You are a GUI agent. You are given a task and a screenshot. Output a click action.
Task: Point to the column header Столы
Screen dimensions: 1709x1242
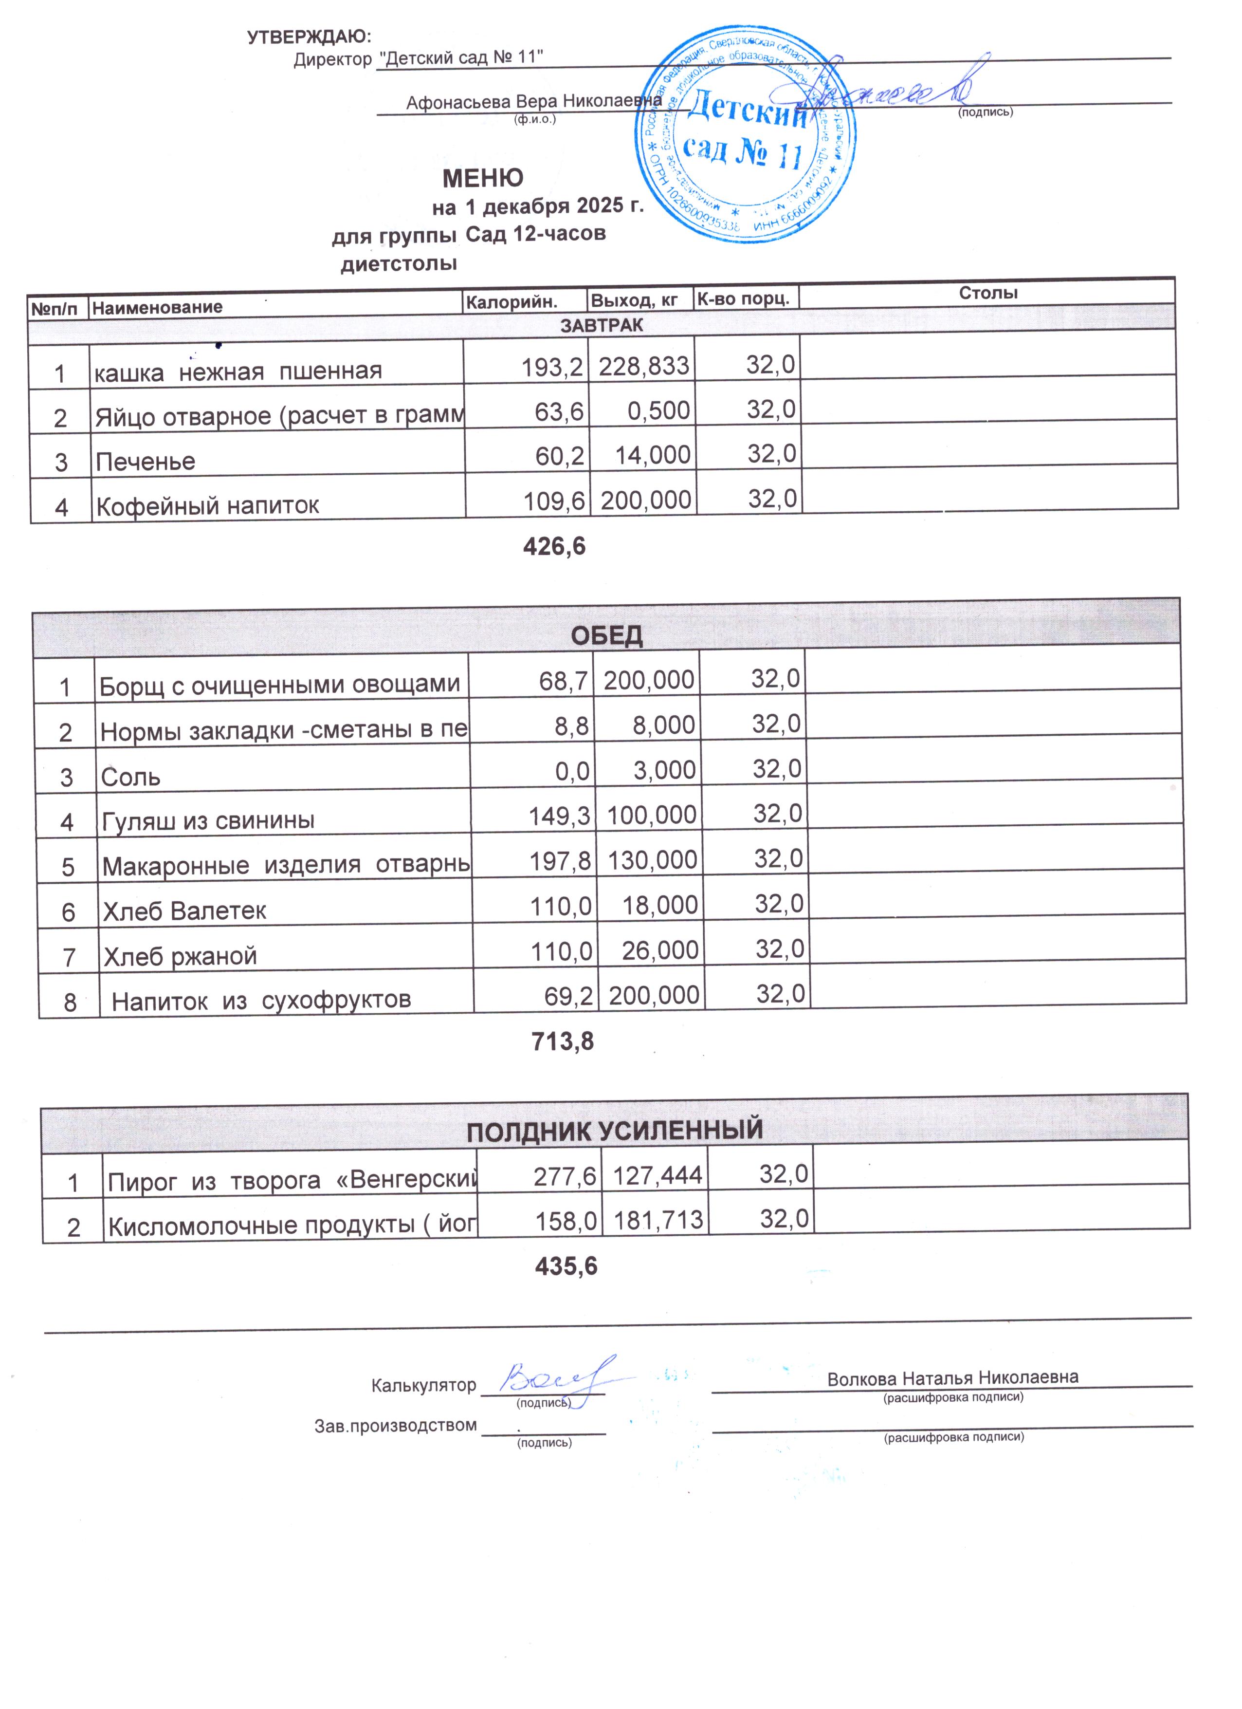[x=987, y=292]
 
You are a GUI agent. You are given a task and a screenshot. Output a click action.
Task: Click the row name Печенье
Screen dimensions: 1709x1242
[x=146, y=461]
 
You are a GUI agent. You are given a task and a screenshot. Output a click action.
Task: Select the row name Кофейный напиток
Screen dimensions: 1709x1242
[x=207, y=505]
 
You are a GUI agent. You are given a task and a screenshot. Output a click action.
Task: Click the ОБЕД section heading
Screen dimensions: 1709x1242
[x=606, y=635]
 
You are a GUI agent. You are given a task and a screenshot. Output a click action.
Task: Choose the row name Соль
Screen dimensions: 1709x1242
[x=130, y=776]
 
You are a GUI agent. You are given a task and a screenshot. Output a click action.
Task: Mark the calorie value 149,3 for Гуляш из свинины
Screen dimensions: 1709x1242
[x=559, y=816]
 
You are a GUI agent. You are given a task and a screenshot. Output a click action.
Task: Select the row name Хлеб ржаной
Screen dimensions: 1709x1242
[x=180, y=955]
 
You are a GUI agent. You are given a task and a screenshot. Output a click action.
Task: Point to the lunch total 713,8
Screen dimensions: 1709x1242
[x=562, y=1041]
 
